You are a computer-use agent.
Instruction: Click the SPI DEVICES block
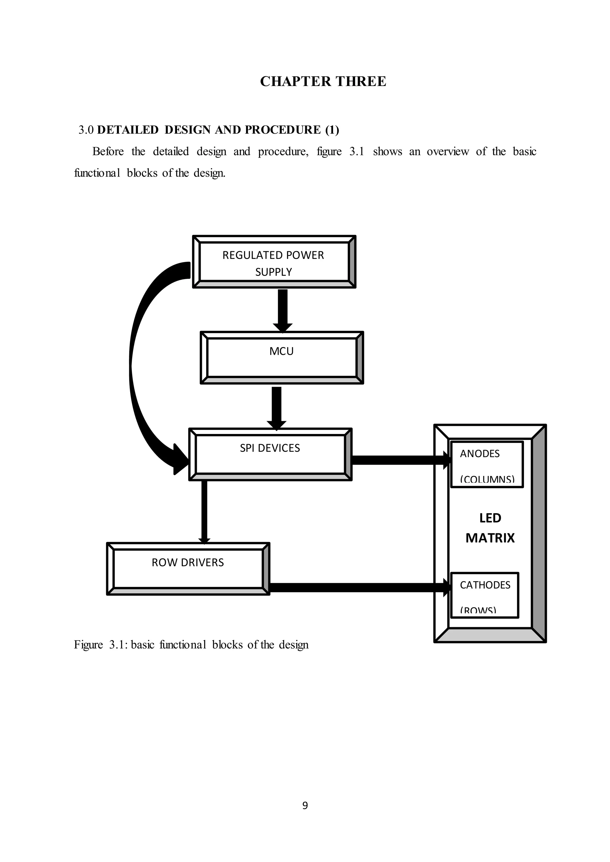click(270, 454)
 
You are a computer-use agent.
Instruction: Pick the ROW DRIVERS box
click(188, 569)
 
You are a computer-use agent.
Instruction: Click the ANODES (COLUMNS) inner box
click(486, 464)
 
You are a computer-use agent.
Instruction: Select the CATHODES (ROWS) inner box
click(484, 595)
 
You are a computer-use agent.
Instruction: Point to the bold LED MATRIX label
click(490, 528)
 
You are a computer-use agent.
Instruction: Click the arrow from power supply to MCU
click(282, 310)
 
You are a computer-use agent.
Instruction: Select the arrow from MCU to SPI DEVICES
click(276, 407)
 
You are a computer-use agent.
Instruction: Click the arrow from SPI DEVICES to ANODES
click(400, 460)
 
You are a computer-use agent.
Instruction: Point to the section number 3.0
click(86, 130)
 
